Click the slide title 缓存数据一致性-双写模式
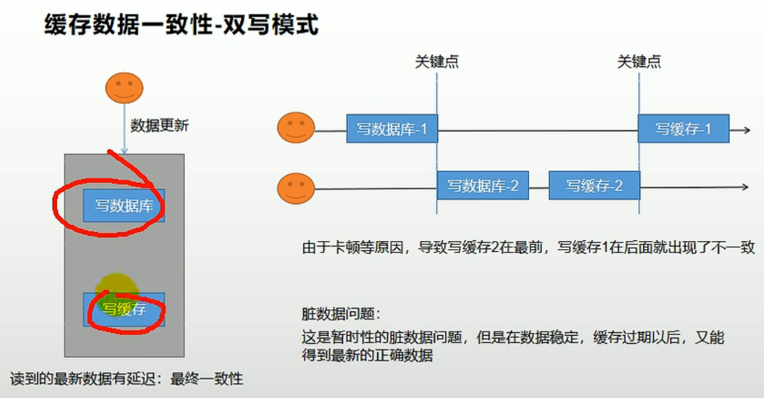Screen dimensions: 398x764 (x=181, y=26)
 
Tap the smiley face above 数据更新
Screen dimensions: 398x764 (x=124, y=87)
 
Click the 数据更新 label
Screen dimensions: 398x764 (x=160, y=126)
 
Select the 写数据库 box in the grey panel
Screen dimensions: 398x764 (x=124, y=206)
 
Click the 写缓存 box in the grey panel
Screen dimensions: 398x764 (x=124, y=309)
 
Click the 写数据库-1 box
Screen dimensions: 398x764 (x=392, y=129)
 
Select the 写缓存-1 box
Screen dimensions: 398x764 (x=683, y=129)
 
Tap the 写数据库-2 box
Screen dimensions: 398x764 (x=482, y=185)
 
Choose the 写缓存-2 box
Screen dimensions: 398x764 (x=593, y=185)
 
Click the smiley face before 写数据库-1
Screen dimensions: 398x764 (x=296, y=128)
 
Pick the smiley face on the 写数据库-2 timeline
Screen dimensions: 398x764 (x=296, y=188)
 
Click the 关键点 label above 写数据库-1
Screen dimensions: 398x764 (x=436, y=62)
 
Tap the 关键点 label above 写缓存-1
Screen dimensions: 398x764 (x=639, y=62)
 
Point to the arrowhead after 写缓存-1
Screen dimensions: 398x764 (x=746, y=129)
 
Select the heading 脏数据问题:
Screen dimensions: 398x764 (x=341, y=314)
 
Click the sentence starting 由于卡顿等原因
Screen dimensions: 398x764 (x=528, y=248)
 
